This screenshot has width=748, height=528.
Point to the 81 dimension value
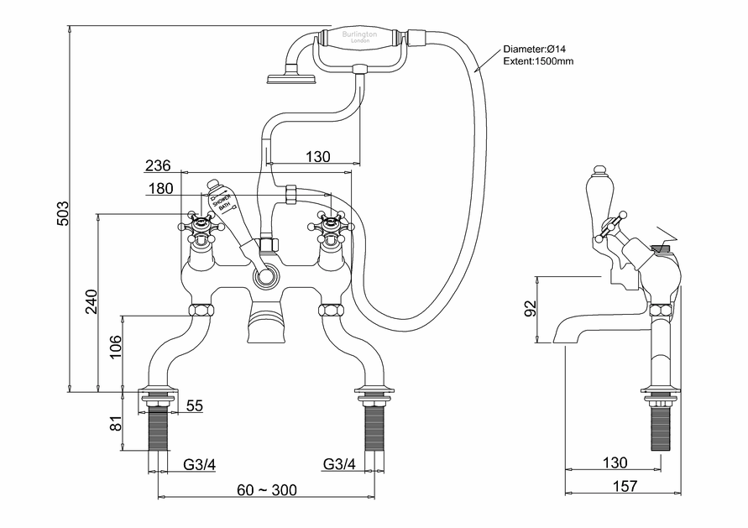[x=115, y=422]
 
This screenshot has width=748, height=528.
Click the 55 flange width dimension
[x=194, y=406]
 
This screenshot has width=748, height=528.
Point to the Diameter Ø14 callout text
[x=538, y=50]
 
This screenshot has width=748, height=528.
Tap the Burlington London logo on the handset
[x=358, y=37]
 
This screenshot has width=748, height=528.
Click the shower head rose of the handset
[x=290, y=80]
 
